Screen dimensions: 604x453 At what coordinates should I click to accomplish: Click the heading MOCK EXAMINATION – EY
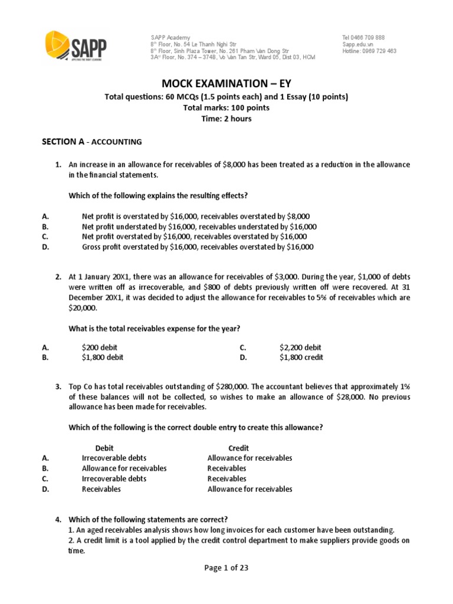click(226, 84)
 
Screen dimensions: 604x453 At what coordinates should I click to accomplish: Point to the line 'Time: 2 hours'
click(226, 119)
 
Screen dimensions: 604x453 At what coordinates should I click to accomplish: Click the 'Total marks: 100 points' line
click(226, 108)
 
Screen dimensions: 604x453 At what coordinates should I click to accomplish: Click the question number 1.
click(58, 164)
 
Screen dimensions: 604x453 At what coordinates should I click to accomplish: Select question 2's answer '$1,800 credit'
click(301, 357)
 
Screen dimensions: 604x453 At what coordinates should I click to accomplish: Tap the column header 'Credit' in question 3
click(239, 448)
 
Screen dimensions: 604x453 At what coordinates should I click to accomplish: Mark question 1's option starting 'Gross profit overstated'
click(198, 247)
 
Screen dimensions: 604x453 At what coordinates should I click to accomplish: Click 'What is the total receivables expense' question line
click(155, 328)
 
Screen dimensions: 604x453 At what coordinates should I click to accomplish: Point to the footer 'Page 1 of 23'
click(226, 568)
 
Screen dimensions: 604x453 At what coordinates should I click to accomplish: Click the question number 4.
click(58, 520)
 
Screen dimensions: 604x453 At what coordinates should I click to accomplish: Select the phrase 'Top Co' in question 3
click(80, 387)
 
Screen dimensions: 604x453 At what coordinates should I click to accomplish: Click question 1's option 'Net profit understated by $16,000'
click(199, 226)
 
